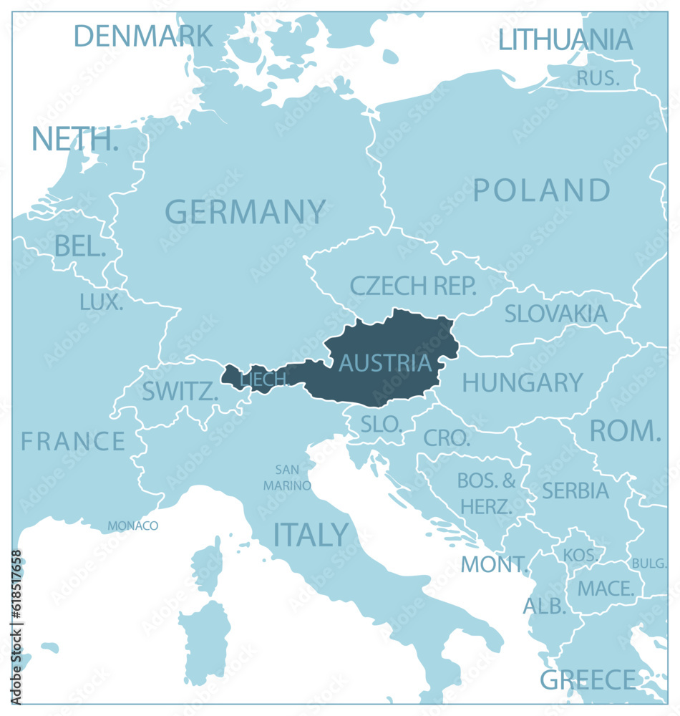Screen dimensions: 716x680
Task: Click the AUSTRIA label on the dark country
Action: pyautogui.click(x=385, y=363)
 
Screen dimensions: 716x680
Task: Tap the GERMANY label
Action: pyautogui.click(x=245, y=213)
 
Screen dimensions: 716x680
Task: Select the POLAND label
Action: pyautogui.click(x=542, y=191)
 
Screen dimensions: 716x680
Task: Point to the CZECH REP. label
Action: pyautogui.click(x=413, y=286)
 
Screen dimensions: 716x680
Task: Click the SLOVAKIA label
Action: pyautogui.click(x=555, y=314)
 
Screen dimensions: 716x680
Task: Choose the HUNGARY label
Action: pyautogui.click(x=523, y=383)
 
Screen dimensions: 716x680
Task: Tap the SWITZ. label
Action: pyautogui.click(x=180, y=392)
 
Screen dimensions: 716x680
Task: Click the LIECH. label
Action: pyautogui.click(x=264, y=379)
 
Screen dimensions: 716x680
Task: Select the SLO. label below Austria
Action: pyautogui.click(x=381, y=424)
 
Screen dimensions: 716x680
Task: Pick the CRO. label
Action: pyautogui.click(x=447, y=437)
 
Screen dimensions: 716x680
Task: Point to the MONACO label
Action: pyautogui.click(x=133, y=526)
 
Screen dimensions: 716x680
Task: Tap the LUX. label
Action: pyautogui.click(x=102, y=302)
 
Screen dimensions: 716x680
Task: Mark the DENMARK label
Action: pyautogui.click(x=143, y=35)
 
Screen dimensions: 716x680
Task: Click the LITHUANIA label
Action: pyautogui.click(x=565, y=39)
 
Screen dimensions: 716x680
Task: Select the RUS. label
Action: pyautogui.click(x=598, y=78)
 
